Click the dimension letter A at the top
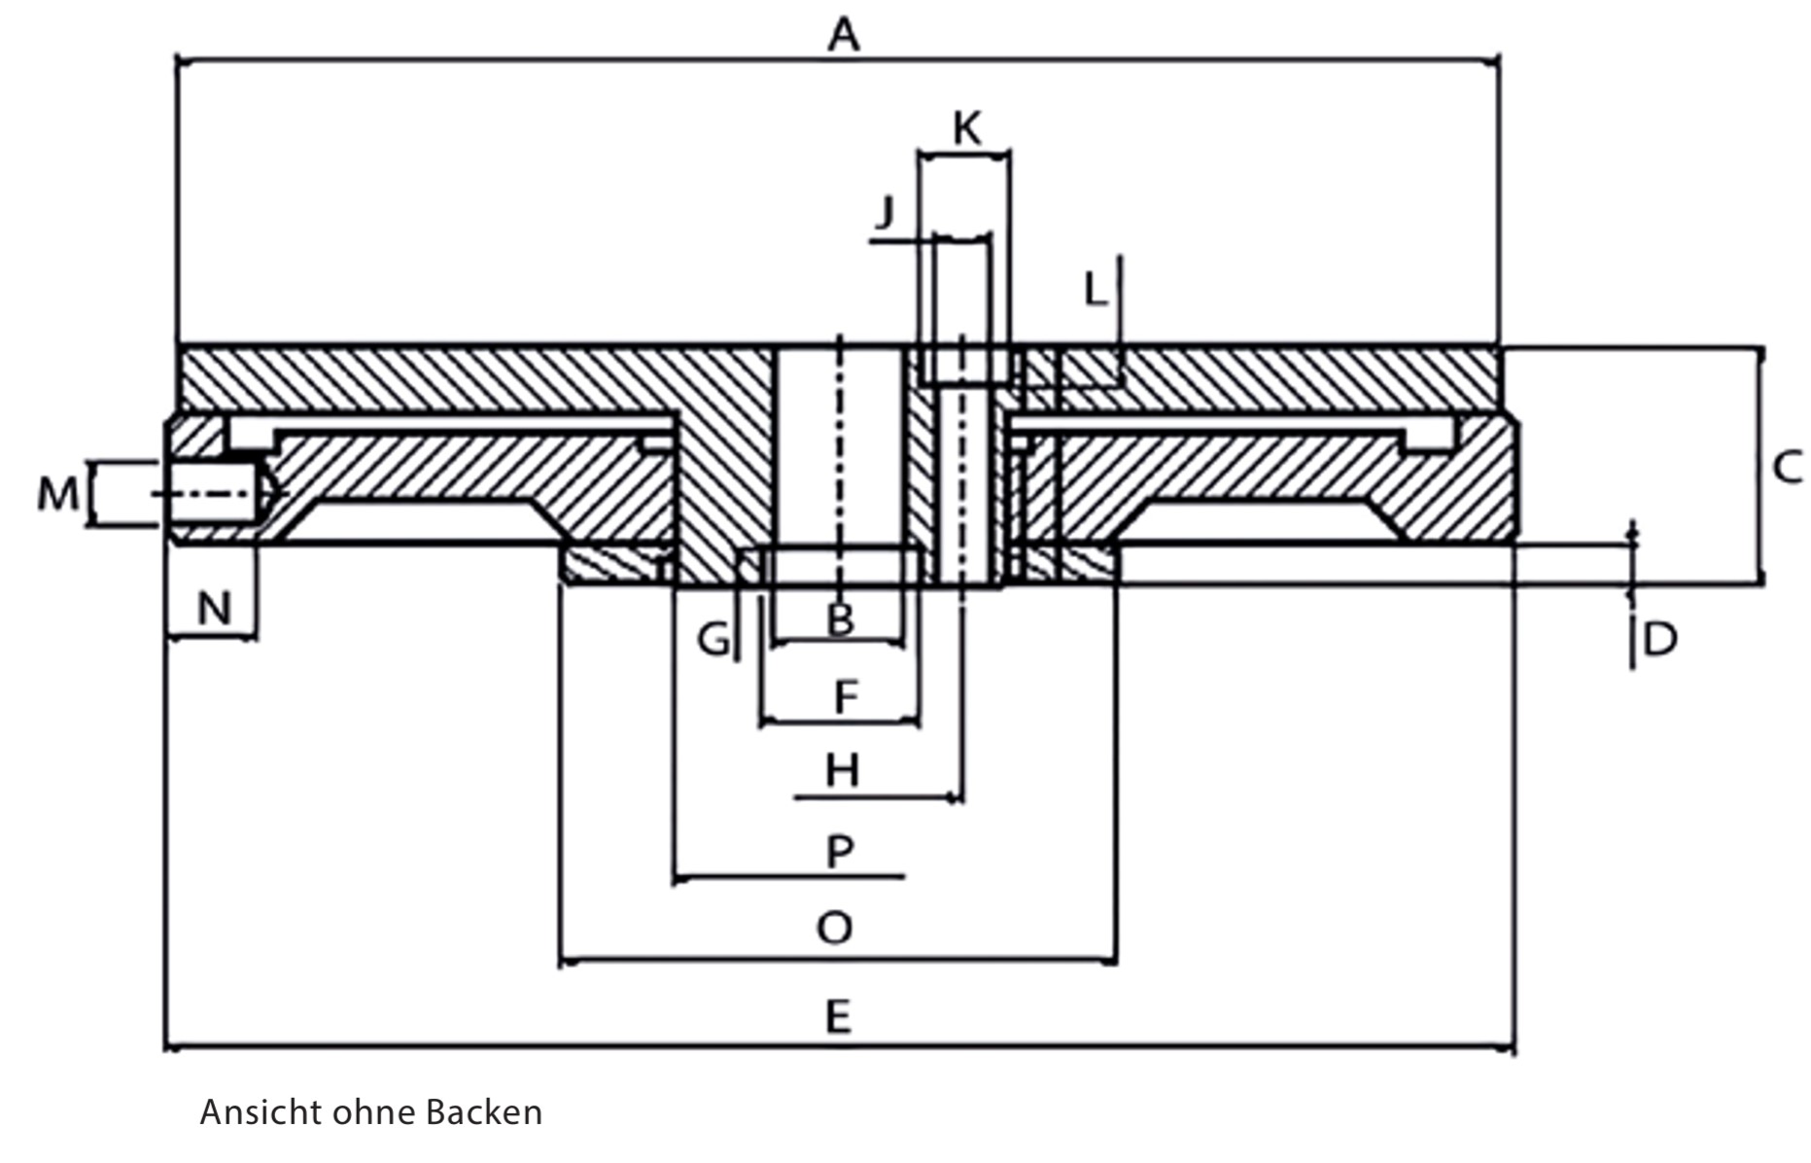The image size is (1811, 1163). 844,35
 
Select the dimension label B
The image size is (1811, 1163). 840,619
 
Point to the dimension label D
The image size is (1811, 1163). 1660,639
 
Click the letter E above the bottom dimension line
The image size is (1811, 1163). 838,1017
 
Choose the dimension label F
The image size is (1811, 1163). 846,696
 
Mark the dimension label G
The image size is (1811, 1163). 714,639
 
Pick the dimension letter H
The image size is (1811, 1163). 842,771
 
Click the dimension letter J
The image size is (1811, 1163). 884,211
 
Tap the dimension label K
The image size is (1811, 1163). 967,128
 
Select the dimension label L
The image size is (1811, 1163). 1096,289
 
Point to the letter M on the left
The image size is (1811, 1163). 57,495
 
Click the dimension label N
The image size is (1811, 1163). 214,609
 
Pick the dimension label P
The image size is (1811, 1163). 840,851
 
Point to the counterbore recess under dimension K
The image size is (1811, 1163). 966,367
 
